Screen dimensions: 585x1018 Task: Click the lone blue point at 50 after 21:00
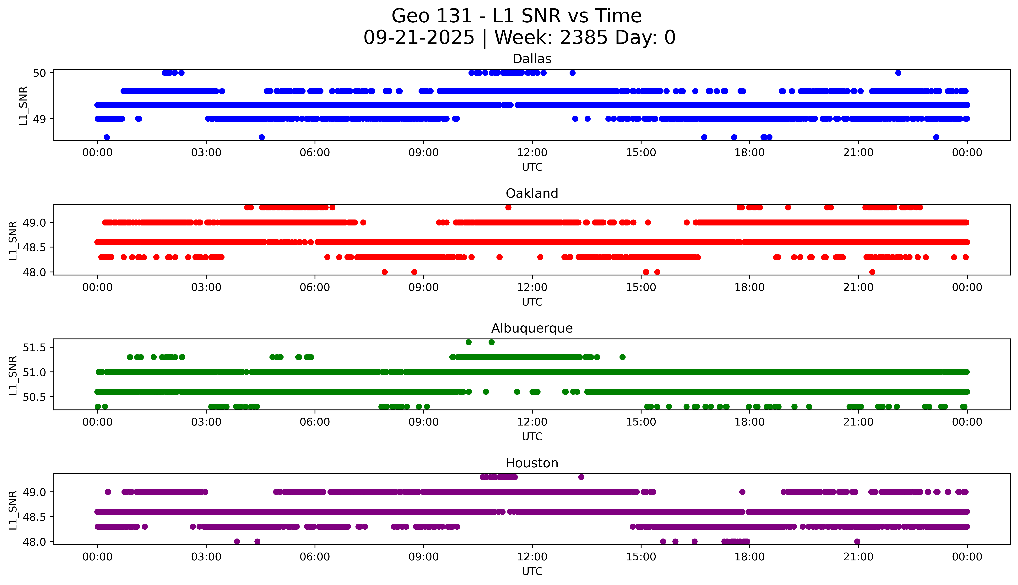point(898,73)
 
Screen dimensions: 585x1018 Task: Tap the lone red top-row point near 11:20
point(508,207)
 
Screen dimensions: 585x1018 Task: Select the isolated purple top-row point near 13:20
point(581,477)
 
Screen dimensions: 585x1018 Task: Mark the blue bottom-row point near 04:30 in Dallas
point(262,137)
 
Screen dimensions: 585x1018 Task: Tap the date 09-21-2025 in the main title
point(419,38)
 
